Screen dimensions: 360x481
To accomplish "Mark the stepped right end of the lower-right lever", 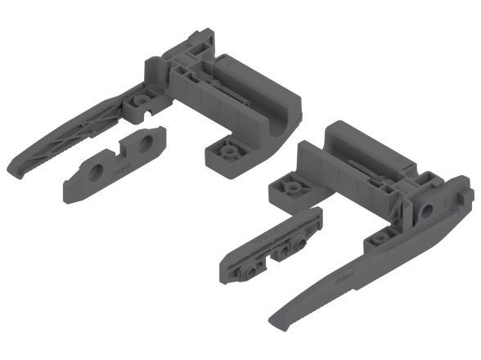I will click(x=462, y=199).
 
